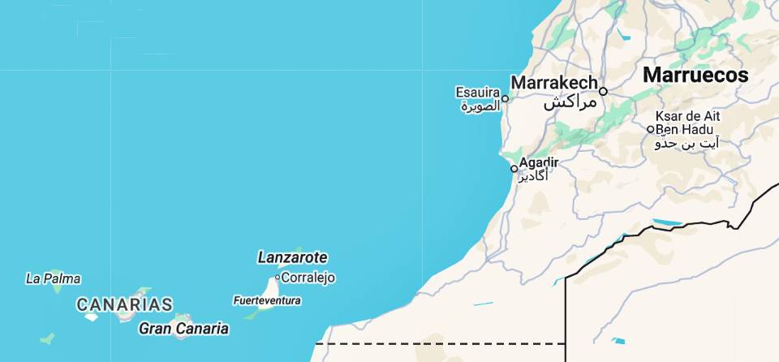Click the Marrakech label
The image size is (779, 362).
tap(554, 83)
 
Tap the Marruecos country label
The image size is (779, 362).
tap(695, 75)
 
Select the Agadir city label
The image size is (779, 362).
tap(539, 162)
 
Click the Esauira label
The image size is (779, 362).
tap(477, 92)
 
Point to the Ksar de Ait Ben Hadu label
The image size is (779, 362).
tap(687, 123)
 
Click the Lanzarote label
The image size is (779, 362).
tap(292, 257)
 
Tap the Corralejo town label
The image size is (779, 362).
tap(308, 278)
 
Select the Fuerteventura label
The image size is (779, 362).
tap(266, 300)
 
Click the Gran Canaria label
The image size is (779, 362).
tap(183, 329)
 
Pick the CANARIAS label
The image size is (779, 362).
tap(124, 305)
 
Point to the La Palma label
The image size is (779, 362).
tap(54, 278)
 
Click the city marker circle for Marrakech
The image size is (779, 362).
tap(603, 91)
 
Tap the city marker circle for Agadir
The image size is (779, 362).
tap(514, 169)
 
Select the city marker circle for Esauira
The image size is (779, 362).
tap(505, 99)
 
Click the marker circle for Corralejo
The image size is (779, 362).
tap(277, 278)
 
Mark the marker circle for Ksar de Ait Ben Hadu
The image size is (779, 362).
tap(650, 129)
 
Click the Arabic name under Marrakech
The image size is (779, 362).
tap(570, 102)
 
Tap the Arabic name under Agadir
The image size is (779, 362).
tap(533, 176)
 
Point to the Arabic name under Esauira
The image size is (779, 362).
tap(480, 106)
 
